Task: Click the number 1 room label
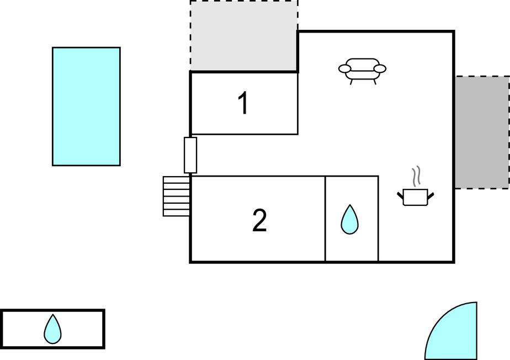coord(243,103)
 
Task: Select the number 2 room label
coord(259,220)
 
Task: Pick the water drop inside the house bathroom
coord(349,220)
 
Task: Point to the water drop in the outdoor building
coord(52,330)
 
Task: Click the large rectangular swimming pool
coord(86,107)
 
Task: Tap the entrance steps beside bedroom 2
coord(176,196)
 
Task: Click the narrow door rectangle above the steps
coord(190,155)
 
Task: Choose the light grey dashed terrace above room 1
coord(243,35)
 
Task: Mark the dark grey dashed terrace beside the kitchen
coord(482,132)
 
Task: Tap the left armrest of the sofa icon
coord(345,68)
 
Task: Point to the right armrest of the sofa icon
coord(380,68)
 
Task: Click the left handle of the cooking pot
coord(400,195)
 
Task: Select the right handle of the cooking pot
coord(431,195)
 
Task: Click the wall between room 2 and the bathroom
coord(325,219)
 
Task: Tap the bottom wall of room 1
coord(245,134)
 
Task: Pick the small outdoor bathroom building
coord(52,329)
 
